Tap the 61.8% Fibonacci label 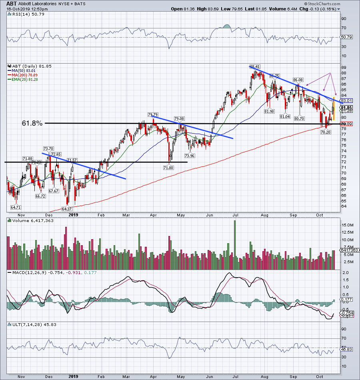coord(32,124)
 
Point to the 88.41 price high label coord(255,66)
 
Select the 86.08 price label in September coord(298,80)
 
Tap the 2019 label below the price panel coord(73,215)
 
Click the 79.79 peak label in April coord(153,114)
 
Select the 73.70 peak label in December coord(48,148)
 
